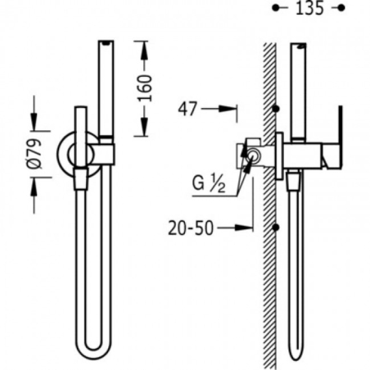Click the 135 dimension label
pos(309,8)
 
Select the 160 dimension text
pos(144,88)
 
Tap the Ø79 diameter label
pos(35,154)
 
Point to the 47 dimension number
pos(188,109)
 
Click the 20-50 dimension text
pos(191,228)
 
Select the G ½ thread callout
pos(208,184)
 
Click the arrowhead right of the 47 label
pos(227,109)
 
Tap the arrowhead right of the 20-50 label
pos(244,228)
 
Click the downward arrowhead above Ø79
pos(34,121)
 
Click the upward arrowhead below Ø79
pos(34,187)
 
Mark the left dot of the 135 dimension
pos(275,8)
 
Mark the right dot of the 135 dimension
pos(341,8)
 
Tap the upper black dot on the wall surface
pos(276,109)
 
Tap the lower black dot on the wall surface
pos(276,227)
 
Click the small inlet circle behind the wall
pos(253,156)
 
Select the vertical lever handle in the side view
pos(340,137)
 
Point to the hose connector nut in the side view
pos(293,181)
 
